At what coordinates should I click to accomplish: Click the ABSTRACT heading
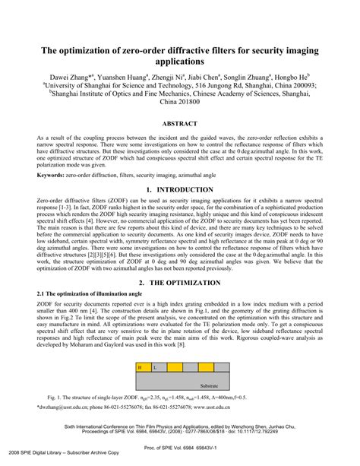tap(180, 123)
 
